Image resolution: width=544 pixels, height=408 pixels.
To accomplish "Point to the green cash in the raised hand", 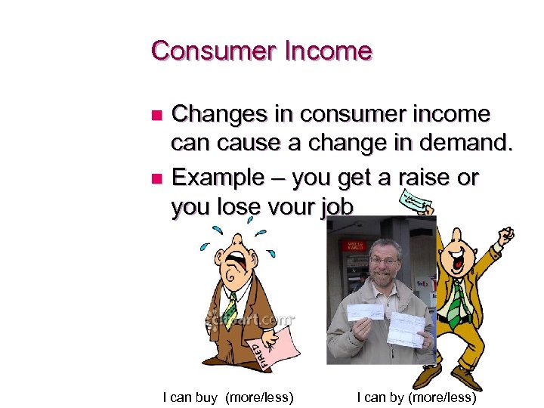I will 414,202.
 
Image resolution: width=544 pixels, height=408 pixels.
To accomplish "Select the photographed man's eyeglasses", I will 384,260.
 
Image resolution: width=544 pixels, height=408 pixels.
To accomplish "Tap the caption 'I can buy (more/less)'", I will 228,397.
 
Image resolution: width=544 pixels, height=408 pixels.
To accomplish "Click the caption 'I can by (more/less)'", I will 416,397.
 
